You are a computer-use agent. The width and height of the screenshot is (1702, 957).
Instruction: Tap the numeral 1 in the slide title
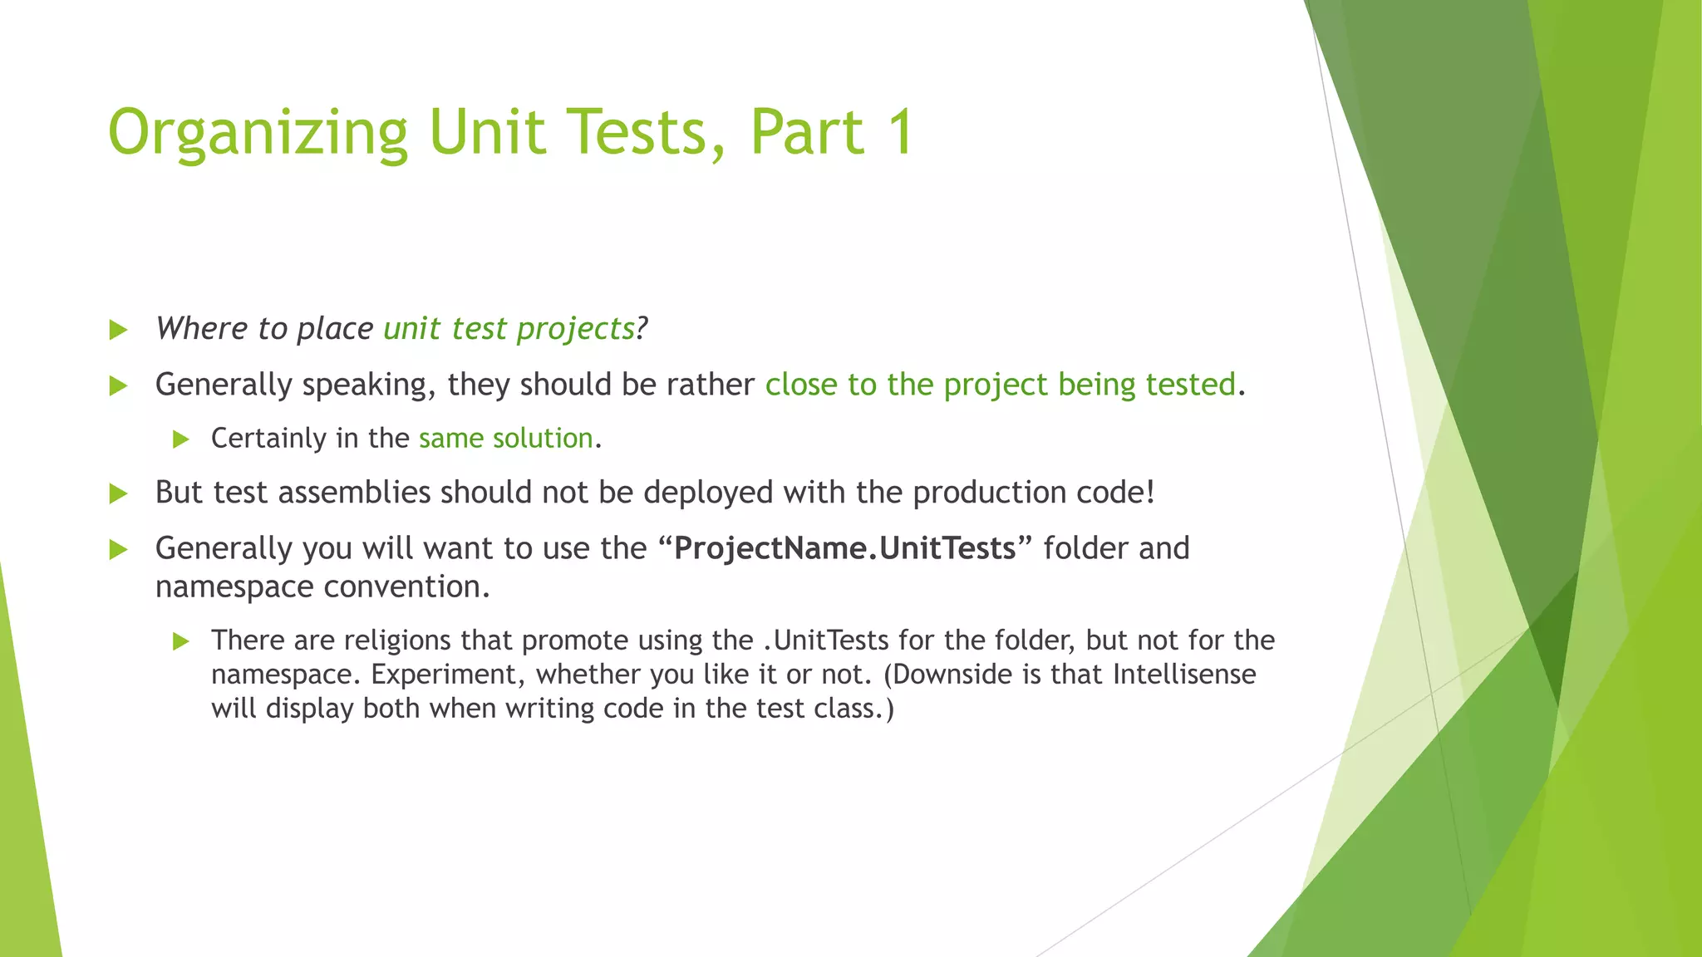click(898, 132)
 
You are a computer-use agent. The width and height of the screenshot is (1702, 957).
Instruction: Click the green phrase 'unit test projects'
click(509, 329)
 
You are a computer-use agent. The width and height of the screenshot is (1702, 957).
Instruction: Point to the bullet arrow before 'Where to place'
click(119, 331)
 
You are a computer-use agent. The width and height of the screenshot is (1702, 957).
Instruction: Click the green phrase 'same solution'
click(505, 438)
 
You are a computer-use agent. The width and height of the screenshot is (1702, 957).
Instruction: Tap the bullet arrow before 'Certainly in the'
click(181, 439)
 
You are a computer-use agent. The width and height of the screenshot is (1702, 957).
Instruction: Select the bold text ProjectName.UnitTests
click(844, 548)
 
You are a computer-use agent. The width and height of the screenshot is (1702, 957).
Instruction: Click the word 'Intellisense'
click(1184, 674)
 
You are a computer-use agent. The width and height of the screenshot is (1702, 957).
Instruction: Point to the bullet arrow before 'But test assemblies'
click(119, 494)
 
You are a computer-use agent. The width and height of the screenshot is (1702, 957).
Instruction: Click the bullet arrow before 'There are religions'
click(181, 641)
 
